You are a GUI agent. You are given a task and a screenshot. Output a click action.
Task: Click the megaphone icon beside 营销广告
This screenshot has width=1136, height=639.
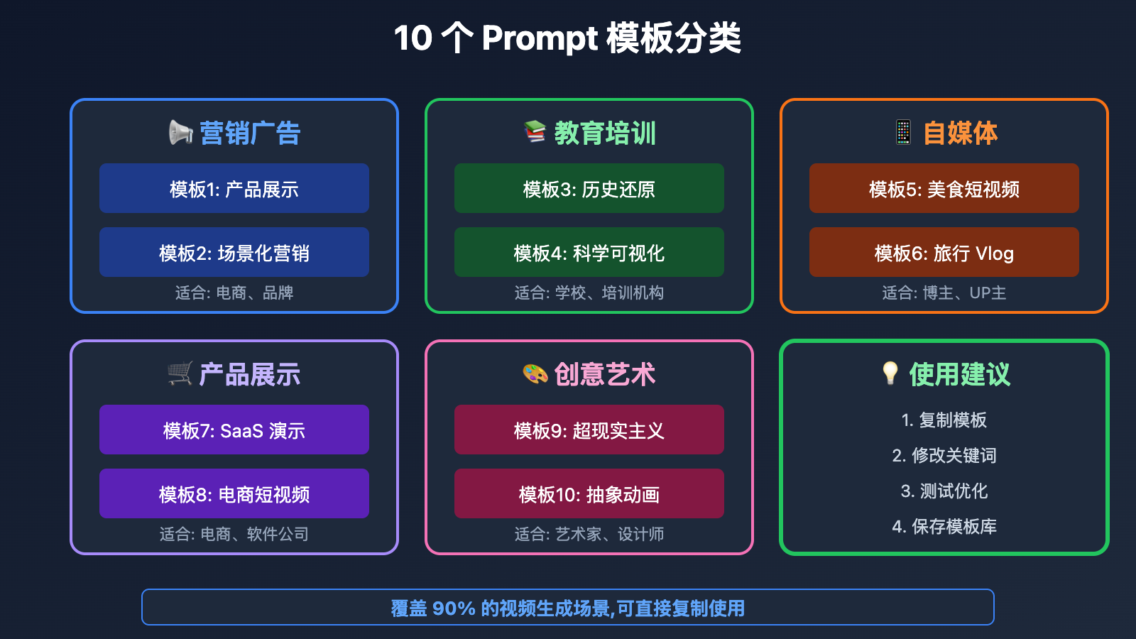[180, 133]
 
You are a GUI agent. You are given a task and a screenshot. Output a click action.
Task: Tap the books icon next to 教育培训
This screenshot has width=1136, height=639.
[535, 132]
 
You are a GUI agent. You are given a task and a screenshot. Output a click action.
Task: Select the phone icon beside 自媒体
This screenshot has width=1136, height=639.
[903, 132]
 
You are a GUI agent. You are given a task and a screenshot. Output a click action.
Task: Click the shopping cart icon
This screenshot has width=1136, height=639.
[180, 373]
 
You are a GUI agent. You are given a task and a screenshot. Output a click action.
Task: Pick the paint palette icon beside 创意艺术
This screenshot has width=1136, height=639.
[535, 374]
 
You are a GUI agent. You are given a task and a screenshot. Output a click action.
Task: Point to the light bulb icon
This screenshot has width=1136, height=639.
[890, 373]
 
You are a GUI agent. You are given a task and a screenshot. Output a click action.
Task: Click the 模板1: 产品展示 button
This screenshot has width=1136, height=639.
[234, 188]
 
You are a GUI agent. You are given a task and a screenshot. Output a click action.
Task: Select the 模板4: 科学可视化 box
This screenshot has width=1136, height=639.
[589, 252]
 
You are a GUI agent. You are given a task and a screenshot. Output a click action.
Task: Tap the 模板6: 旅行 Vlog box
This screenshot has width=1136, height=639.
[944, 252]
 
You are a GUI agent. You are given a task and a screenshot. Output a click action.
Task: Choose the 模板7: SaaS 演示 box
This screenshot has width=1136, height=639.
[234, 430]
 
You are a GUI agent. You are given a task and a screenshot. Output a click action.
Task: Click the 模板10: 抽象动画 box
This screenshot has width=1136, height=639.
[589, 493]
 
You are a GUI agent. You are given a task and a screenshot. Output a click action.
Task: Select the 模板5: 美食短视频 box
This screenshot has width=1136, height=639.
[944, 188]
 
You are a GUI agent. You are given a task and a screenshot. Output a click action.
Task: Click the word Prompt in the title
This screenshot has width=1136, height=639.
[540, 39]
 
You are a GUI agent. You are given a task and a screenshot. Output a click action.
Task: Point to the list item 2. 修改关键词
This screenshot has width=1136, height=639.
[944, 455]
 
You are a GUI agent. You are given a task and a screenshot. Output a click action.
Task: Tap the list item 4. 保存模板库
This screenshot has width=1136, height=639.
[944, 526]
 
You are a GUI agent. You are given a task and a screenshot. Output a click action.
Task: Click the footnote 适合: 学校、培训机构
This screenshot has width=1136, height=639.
[589, 293]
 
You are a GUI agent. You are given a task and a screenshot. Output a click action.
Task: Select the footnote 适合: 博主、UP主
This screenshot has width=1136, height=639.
[944, 293]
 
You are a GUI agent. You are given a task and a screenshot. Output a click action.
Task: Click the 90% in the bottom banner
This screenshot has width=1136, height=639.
[454, 608]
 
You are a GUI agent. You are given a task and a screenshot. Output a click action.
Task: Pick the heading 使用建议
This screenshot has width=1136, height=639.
[959, 374]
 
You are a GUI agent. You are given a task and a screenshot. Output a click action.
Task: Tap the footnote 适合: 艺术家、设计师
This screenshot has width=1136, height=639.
[589, 534]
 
